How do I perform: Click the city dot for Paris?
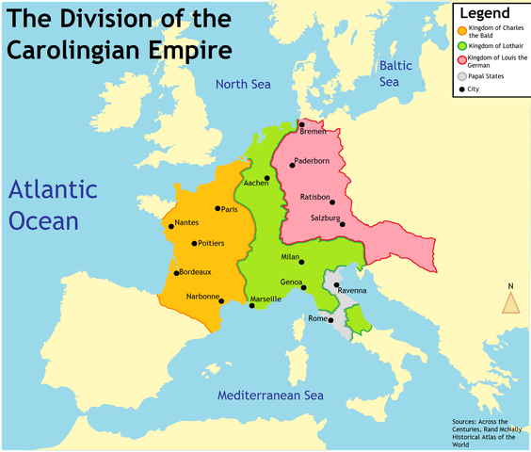tap(217, 208)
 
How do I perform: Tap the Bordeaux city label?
tap(196, 272)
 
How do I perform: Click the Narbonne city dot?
tap(220, 300)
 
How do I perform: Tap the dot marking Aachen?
tap(266, 178)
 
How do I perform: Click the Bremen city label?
tap(315, 131)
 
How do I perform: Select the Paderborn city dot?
tap(292, 164)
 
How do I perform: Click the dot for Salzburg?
tap(343, 224)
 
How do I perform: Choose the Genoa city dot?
tap(304, 287)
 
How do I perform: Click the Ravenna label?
tap(352, 290)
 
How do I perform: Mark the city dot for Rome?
tap(330, 320)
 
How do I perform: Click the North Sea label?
tap(244, 85)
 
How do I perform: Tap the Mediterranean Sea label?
tap(270, 395)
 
